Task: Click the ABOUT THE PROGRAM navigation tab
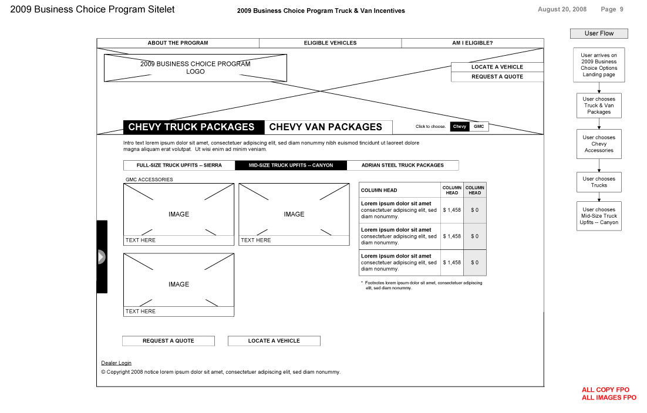[178, 43]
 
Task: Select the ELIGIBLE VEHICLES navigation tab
[330, 43]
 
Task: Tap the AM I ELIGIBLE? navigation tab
[472, 43]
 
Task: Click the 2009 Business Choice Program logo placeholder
[196, 67]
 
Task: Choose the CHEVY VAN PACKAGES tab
[325, 127]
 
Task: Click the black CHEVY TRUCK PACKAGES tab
[191, 127]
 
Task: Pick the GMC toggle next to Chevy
[479, 127]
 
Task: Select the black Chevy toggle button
[460, 127]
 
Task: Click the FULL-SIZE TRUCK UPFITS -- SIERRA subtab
[179, 165]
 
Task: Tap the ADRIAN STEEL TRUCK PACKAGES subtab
[403, 165]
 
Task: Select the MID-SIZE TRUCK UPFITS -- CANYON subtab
[291, 165]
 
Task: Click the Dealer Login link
[116, 363]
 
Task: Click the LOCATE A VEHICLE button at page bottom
[274, 341]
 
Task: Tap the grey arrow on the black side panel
[101, 256]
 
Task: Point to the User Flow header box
[599, 33]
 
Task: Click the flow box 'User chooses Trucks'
[599, 182]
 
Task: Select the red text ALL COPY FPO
[605, 390]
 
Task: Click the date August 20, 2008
[562, 9]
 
